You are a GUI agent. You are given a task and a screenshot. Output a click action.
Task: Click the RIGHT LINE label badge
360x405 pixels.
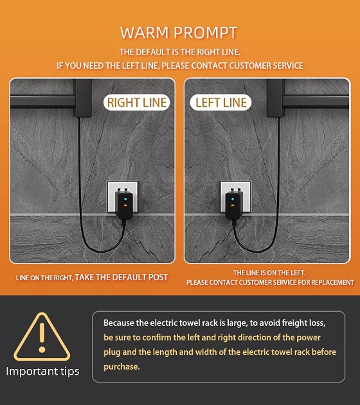137,103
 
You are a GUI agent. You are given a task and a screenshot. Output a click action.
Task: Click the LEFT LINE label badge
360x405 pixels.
221,103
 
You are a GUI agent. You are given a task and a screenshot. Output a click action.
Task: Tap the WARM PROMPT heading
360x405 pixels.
179,33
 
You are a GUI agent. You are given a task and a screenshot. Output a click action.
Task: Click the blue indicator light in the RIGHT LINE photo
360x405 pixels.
125,199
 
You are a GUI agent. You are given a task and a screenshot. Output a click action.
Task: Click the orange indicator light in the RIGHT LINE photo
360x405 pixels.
125,206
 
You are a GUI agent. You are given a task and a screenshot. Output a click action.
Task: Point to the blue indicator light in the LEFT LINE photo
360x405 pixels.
233,199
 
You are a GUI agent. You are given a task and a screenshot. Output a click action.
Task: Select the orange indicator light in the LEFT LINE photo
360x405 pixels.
233,206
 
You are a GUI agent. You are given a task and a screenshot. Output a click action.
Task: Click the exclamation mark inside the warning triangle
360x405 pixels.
42,337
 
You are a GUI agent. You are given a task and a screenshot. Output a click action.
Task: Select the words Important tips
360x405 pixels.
42,372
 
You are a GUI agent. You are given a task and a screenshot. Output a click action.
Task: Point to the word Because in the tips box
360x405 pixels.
119,323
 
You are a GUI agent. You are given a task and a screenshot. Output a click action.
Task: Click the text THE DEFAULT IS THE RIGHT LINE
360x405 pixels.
180,52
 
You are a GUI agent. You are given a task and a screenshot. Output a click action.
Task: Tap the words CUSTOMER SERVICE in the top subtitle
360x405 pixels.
266,66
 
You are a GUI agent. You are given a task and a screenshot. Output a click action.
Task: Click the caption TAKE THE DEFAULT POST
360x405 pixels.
122,278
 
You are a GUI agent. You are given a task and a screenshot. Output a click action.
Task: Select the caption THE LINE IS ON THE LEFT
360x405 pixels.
269,273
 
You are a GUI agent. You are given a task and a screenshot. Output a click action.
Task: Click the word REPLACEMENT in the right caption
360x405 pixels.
332,282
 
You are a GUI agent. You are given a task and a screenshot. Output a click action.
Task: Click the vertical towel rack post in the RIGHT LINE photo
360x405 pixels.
83,98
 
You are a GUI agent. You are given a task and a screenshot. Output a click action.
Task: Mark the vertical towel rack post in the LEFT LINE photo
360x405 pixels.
276,98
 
